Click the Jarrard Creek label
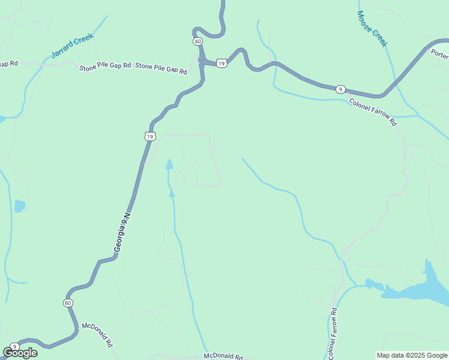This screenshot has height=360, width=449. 72,46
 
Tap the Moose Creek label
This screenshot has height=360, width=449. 372,28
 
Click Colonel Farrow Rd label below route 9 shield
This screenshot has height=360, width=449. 373,112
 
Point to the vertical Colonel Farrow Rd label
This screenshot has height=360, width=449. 332,331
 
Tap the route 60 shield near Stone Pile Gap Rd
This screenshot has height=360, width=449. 197,41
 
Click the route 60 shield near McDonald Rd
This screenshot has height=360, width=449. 68,303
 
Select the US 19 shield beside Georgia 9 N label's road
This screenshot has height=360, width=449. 149,137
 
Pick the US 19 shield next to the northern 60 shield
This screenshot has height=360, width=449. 221,63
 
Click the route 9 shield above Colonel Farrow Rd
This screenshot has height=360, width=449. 340,89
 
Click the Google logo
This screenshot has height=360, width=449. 20,353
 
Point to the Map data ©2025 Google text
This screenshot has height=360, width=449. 411,355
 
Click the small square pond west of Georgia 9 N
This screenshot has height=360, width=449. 20,206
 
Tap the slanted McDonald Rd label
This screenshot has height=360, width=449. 98,335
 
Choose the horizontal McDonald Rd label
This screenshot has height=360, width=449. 223,356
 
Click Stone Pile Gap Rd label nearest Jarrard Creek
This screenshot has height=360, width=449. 105,67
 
